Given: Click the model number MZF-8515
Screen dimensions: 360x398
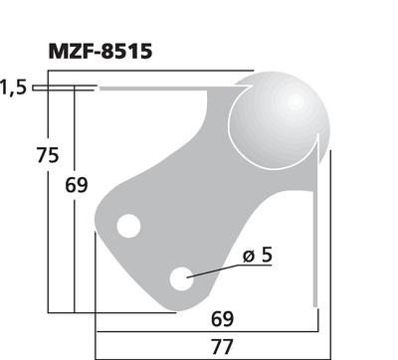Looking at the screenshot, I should [x=99, y=51].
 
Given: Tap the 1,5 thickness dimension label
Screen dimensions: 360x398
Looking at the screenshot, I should [x=13, y=89].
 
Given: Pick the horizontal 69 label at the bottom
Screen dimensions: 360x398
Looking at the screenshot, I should [x=222, y=319].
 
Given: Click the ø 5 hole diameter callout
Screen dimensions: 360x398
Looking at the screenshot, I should [x=256, y=256].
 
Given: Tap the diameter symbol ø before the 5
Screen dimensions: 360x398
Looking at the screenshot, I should [x=246, y=257].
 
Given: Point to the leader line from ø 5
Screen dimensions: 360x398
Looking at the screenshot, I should [x=214, y=269].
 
